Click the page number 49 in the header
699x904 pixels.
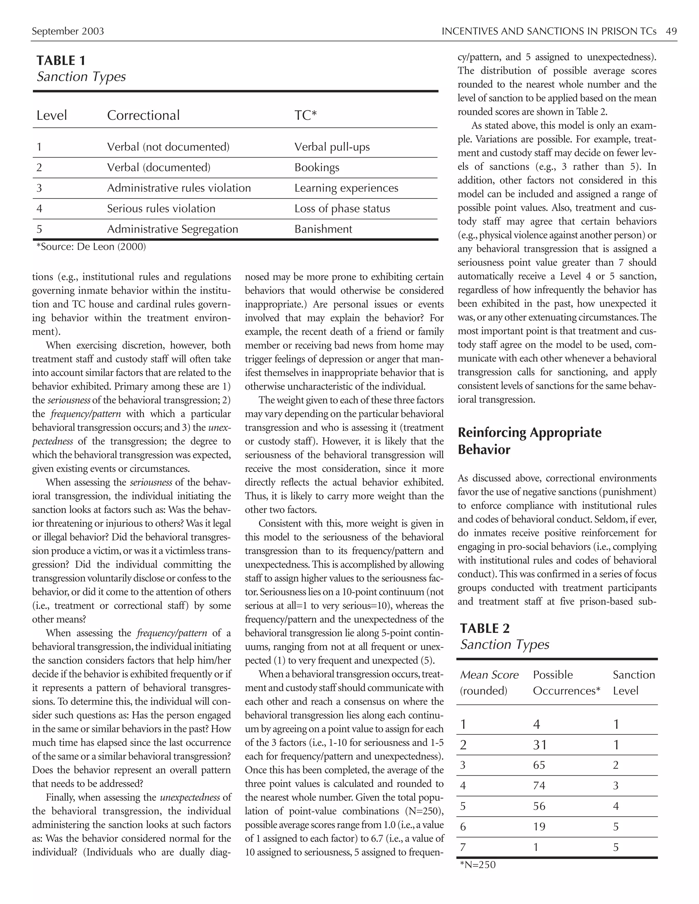(x=671, y=31)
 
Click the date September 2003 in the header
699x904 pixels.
(x=68, y=31)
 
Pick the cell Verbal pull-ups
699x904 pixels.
(x=332, y=147)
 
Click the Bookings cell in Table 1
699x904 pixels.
(x=316, y=167)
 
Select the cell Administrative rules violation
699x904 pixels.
(x=179, y=188)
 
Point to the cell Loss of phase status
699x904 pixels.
(x=342, y=209)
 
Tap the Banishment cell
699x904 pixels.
(x=323, y=229)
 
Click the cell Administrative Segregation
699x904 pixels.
(x=172, y=229)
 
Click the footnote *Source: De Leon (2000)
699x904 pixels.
(x=91, y=247)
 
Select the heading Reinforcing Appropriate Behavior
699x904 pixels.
(x=529, y=441)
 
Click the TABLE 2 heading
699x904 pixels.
(x=485, y=628)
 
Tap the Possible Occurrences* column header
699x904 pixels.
(x=566, y=683)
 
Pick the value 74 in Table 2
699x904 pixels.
(x=539, y=786)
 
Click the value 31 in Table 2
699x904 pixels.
(x=540, y=745)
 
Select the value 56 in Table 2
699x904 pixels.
(x=539, y=806)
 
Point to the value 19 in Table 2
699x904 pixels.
(x=539, y=827)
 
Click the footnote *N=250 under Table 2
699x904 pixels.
(x=477, y=865)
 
